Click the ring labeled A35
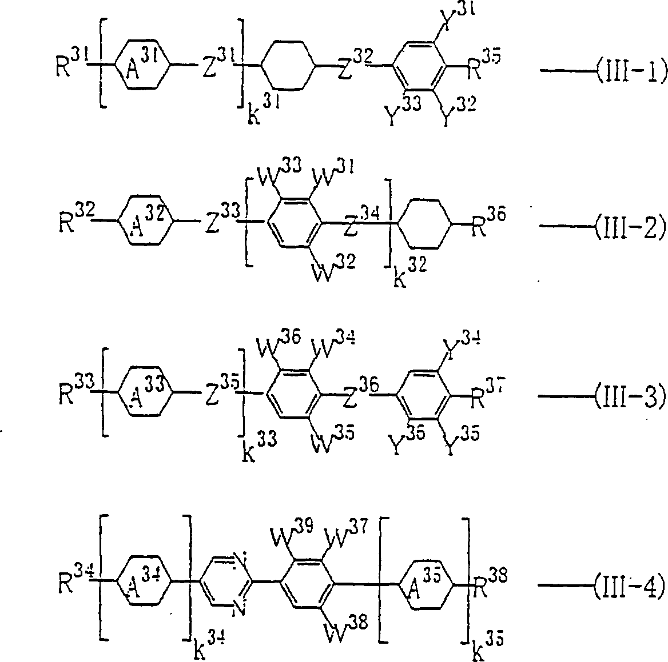[424, 585]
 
